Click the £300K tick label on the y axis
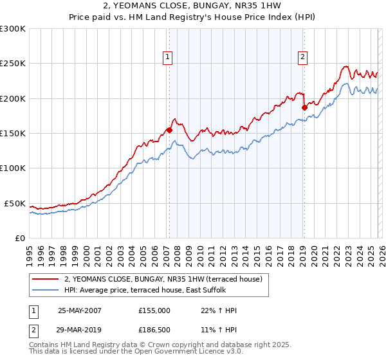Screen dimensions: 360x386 pyautogui.click(x=13, y=29)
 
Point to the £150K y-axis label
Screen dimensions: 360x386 pyautogui.click(x=13, y=134)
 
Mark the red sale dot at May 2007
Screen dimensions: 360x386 pyautogui.click(x=169, y=130)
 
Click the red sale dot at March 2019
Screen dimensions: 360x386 pyautogui.click(x=304, y=108)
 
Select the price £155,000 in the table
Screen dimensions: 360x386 pyautogui.click(x=154, y=310)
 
